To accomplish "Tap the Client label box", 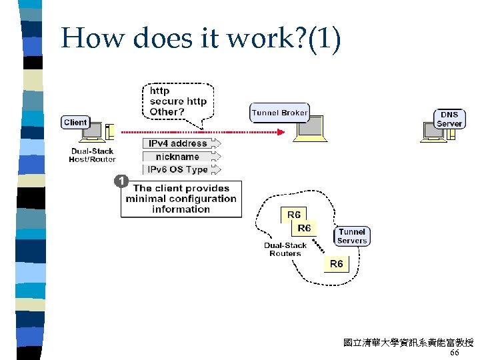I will pyautogui.click(x=75, y=122).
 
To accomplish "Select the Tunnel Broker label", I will pyautogui.click(x=279, y=113).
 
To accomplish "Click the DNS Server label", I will pyautogui.click(x=449, y=119).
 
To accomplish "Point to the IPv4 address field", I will pyautogui.click(x=177, y=143).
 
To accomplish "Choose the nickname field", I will pyautogui.click(x=177, y=157).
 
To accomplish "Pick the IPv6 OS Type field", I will pyautogui.click(x=177, y=169).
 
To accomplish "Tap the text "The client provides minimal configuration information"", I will pyautogui.click(x=181, y=199).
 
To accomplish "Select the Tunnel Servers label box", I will pyautogui.click(x=351, y=236).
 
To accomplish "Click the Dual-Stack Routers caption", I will pyautogui.click(x=285, y=249).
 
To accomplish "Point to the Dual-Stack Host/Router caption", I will pyautogui.click(x=93, y=155).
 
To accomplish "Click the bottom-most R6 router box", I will pyautogui.click(x=337, y=264).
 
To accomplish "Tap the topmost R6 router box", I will pyautogui.click(x=293, y=214).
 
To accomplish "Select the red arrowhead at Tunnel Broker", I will pyautogui.click(x=281, y=132).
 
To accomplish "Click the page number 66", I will pyautogui.click(x=455, y=353).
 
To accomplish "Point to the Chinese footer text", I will pyautogui.click(x=408, y=343).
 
